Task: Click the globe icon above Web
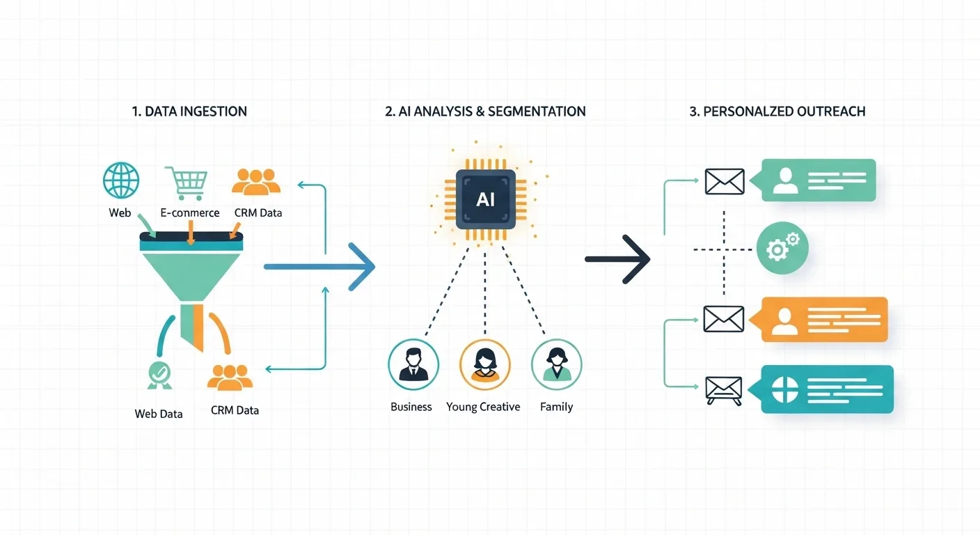pos(120,180)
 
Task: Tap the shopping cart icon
pos(187,183)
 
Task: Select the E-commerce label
pos(189,213)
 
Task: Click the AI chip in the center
pos(485,199)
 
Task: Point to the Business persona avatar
pos(413,364)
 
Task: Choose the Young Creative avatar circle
pos(485,364)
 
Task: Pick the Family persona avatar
pos(556,364)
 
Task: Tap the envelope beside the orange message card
pos(724,319)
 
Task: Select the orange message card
pos(824,319)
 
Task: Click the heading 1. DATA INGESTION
pos(189,111)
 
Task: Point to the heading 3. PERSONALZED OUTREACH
pos(777,111)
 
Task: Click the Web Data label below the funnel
pos(159,414)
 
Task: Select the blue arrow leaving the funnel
pos(320,266)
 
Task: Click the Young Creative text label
pos(483,407)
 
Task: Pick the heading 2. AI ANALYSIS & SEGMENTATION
pos(485,111)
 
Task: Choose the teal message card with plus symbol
pos(827,389)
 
